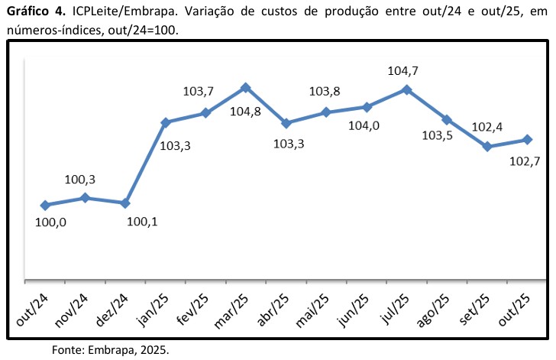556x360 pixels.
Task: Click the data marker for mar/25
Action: [245, 88]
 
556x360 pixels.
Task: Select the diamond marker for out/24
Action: [45, 205]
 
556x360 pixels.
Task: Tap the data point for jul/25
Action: [406, 89]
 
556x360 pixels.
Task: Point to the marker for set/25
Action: [486, 146]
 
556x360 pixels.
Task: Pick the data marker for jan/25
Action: [165, 122]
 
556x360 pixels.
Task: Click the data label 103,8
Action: [324, 92]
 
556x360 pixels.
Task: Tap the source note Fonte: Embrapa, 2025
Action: [110, 350]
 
